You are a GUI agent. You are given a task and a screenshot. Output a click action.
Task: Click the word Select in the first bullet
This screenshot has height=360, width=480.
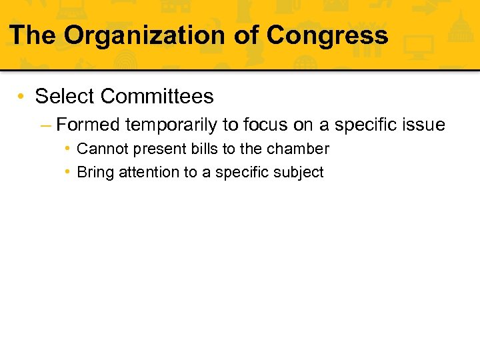tap(65, 97)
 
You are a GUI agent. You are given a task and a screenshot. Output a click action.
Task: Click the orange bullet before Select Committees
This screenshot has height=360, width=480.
tap(23, 97)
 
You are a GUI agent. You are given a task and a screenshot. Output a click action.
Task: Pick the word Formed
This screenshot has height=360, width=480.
tap(88, 125)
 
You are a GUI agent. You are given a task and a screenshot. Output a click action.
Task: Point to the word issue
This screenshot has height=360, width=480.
tap(422, 125)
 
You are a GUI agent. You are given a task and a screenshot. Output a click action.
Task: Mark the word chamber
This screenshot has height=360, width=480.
tap(298, 149)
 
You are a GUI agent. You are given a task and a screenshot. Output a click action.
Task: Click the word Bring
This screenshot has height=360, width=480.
tap(95, 172)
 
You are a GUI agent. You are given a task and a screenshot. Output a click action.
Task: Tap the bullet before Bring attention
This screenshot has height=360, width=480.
tap(69, 172)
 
